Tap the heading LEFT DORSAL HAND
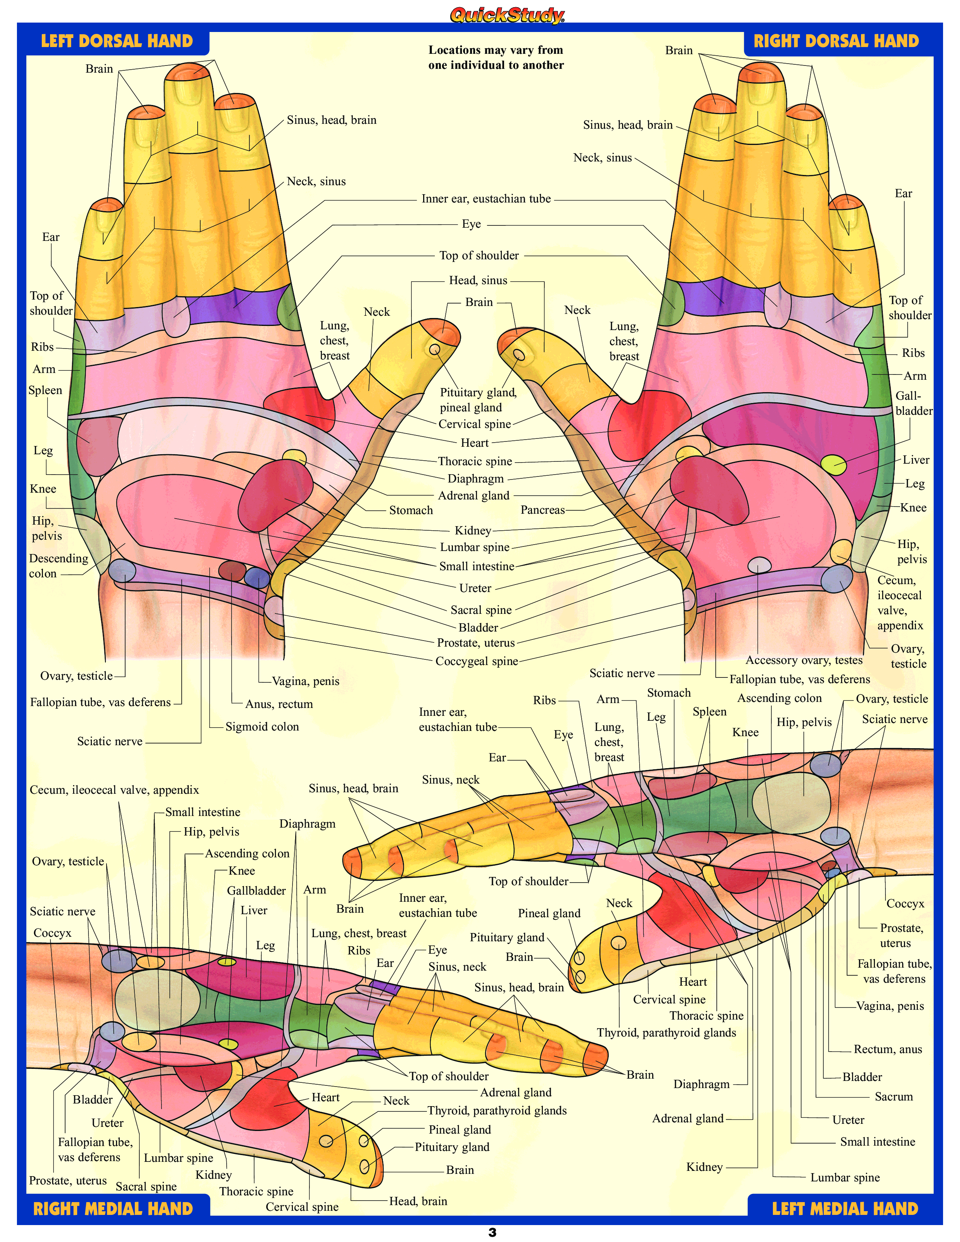117,41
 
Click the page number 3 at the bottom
492,1232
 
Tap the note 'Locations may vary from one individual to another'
496,58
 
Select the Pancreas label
542,510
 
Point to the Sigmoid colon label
262,727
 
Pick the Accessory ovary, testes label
804,660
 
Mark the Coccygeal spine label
477,661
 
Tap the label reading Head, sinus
478,280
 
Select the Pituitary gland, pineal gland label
478,400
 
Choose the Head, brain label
418,1201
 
